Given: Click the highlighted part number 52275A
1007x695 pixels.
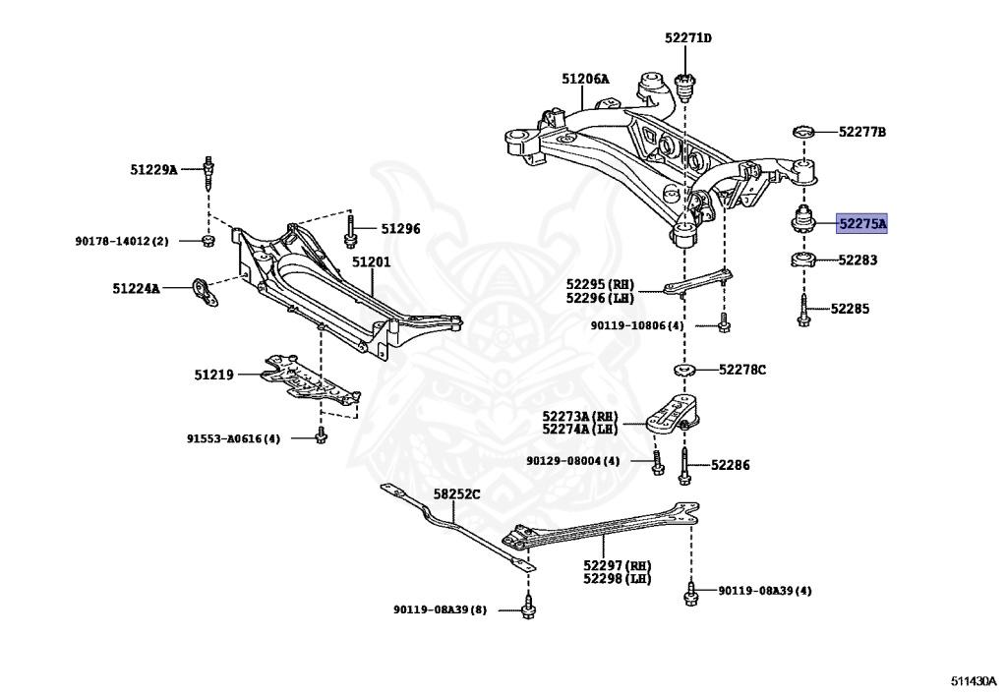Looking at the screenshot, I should click(x=861, y=224).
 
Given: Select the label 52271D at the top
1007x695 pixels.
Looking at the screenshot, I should click(x=687, y=38).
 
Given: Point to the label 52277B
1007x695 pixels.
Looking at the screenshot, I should click(x=861, y=132).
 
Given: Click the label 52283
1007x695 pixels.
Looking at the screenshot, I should click(x=858, y=261).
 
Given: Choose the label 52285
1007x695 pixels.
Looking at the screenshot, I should click(x=850, y=308).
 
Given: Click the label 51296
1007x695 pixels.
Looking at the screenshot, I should click(x=400, y=229).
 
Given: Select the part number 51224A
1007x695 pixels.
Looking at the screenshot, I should click(x=136, y=289).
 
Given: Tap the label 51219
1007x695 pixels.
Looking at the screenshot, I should click(x=213, y=375).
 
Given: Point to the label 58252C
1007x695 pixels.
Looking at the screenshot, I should click(x=459, y=494).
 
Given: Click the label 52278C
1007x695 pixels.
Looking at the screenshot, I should click(x=741, y=370).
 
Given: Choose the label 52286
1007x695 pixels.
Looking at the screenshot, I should click(x=730, y=465).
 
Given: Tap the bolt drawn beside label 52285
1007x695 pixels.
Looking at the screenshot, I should click(x=804, y=308).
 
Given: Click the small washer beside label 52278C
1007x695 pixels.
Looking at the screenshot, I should click(x=683, y=370).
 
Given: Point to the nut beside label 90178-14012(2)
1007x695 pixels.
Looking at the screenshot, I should click(x=208, y=240).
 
